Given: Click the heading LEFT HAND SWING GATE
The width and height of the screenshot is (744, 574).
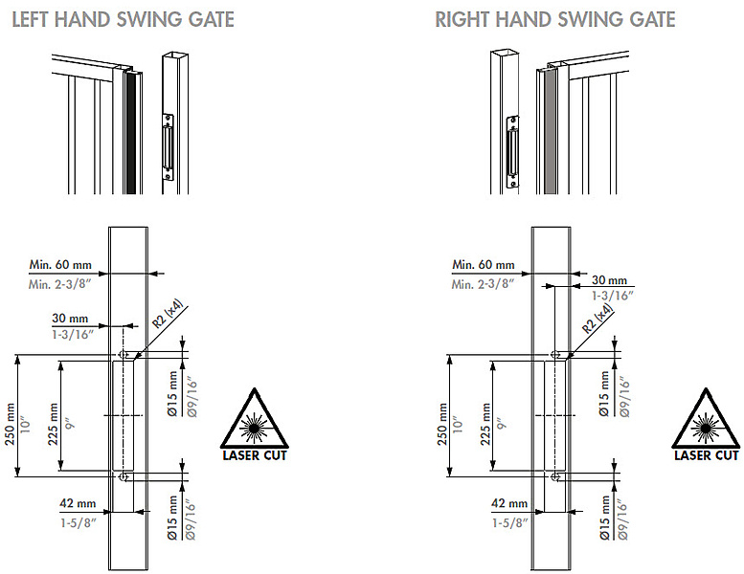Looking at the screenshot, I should pos(122,19).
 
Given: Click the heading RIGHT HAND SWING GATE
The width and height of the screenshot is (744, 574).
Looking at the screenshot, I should pos(554,19).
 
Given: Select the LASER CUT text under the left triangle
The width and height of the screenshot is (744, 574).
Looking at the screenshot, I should pos(254,455).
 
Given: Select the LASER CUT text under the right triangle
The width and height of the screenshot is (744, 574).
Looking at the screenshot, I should pos(706,455).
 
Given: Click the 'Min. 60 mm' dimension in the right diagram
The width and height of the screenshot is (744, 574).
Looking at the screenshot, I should pos(484,264).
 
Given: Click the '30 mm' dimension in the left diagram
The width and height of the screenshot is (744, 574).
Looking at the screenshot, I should pos(72,318).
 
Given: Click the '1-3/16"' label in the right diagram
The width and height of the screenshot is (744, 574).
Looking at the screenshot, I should pos(608,297).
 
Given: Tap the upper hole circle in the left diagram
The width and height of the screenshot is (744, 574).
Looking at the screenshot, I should pos(124,355).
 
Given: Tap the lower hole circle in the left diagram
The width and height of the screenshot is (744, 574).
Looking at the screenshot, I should pos(124,475).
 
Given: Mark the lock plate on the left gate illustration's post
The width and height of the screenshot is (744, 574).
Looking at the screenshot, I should pos(169,148).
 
